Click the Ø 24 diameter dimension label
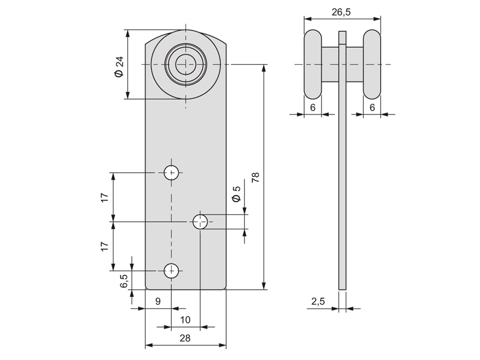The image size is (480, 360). (118, 65)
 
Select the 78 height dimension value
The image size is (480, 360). (255, 177)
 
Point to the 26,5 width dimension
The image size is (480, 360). (342, 11)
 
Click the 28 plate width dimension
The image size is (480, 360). (185, 338)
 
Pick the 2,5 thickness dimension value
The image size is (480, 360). (318, 302)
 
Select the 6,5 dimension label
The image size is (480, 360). (124, 281)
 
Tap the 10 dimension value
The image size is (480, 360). (185, 320)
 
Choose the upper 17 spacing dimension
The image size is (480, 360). (104, 197)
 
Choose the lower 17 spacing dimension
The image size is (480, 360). (104, 246)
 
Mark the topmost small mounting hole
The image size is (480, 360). (172, 173)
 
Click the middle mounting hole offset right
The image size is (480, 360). (200, 222)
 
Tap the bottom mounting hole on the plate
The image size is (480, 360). (172, 271)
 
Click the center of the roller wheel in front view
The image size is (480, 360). (185, 64)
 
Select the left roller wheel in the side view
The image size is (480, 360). (313, 64)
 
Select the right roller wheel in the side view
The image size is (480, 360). (372, 64)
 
